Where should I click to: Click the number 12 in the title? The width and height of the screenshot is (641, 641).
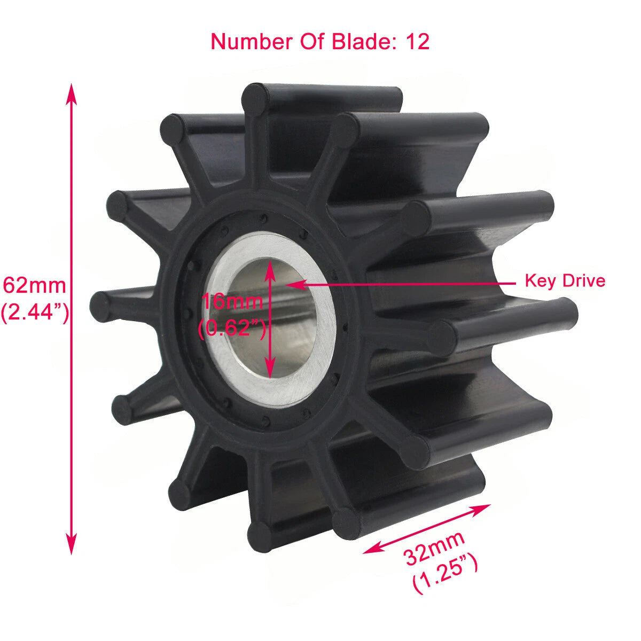[x=418, y=42]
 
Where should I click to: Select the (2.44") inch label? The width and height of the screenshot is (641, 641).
[x=35, y=312]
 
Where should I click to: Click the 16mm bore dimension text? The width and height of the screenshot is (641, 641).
[x=232, y=302]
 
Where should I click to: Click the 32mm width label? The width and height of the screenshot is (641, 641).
[x=434, y=548]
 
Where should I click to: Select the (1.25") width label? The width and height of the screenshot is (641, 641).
[x=446, y=573]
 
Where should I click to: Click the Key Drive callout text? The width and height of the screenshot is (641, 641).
[x=565, y=280]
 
